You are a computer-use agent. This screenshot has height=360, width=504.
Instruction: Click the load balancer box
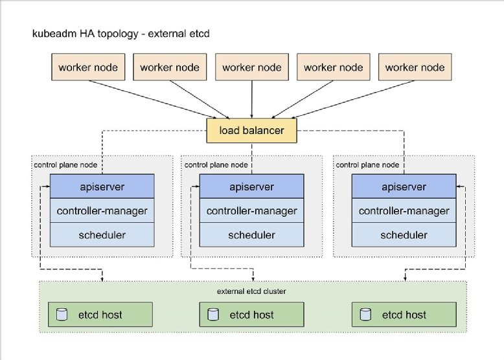[x=251, y=131]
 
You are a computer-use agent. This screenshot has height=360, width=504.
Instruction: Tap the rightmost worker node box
[x=415, y=67]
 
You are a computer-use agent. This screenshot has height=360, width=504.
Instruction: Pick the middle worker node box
[x=251, y=67]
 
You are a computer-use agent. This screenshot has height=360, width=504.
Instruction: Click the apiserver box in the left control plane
[x=102, y=187]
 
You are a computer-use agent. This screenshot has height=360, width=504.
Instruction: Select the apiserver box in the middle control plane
[x=251, y=187]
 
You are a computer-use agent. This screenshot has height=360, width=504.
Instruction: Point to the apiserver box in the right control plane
[x=404, y=187]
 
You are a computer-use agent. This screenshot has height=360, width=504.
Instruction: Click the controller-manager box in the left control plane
[x=102, y=211]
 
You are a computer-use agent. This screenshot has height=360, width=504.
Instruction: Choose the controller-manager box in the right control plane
[x=404, y=211]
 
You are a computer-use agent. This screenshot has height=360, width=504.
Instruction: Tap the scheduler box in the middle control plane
[x=251, y=234]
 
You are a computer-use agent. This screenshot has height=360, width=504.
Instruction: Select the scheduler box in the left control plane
[x=102, y=234]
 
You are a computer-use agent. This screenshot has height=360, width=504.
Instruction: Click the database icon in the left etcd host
[x=62, y=315]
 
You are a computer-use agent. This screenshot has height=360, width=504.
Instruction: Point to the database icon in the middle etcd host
[x=212, y=315]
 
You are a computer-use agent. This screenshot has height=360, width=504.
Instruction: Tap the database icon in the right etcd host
[x=365, y=315]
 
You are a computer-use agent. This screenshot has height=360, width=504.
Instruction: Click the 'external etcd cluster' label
[x=251, y=291]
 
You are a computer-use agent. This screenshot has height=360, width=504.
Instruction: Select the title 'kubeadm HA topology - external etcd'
[x=120, y=32]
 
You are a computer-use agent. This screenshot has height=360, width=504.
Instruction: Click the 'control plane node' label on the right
[x=367, y=164]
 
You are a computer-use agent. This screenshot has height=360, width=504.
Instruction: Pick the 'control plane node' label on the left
[x=65, y=164]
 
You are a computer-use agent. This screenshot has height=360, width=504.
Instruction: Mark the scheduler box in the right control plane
[x=404, y=234]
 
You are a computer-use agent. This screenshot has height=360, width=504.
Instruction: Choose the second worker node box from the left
[x=170, y=67]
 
